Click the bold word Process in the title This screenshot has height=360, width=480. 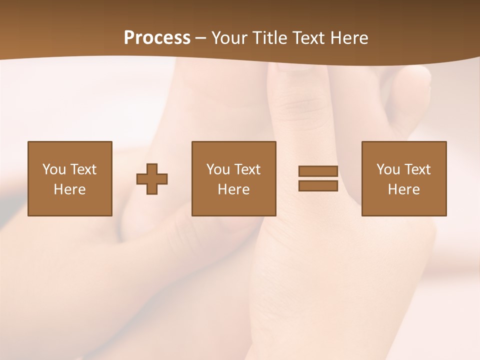click(157, 38)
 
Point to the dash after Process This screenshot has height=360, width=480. click(201, 38)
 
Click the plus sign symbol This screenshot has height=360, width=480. click(152, 179)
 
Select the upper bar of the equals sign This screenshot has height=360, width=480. click(318, 171)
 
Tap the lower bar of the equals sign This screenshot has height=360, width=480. click(318, 185)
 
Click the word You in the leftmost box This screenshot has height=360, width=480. click(54, 169)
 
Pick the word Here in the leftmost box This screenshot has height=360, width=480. click(69, 189)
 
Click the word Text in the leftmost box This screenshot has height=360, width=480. click(83, 169)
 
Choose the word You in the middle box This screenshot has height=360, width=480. click(218, 169)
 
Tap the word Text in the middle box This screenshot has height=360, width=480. click(247, 169)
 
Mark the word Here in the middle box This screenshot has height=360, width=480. click(233, 189)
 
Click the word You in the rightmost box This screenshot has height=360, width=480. click(388, 169)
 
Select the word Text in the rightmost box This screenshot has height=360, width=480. click(417, 169)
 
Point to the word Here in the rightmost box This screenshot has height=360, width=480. click(403, 189)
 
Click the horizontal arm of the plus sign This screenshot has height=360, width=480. click(152, 179)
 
